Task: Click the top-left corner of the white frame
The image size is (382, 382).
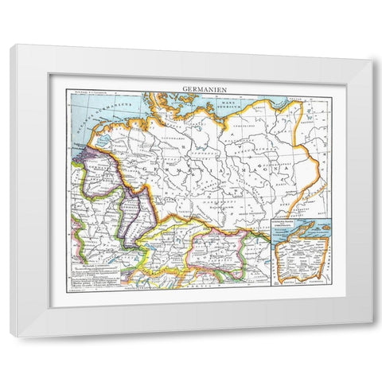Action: click(x=11, y=45)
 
